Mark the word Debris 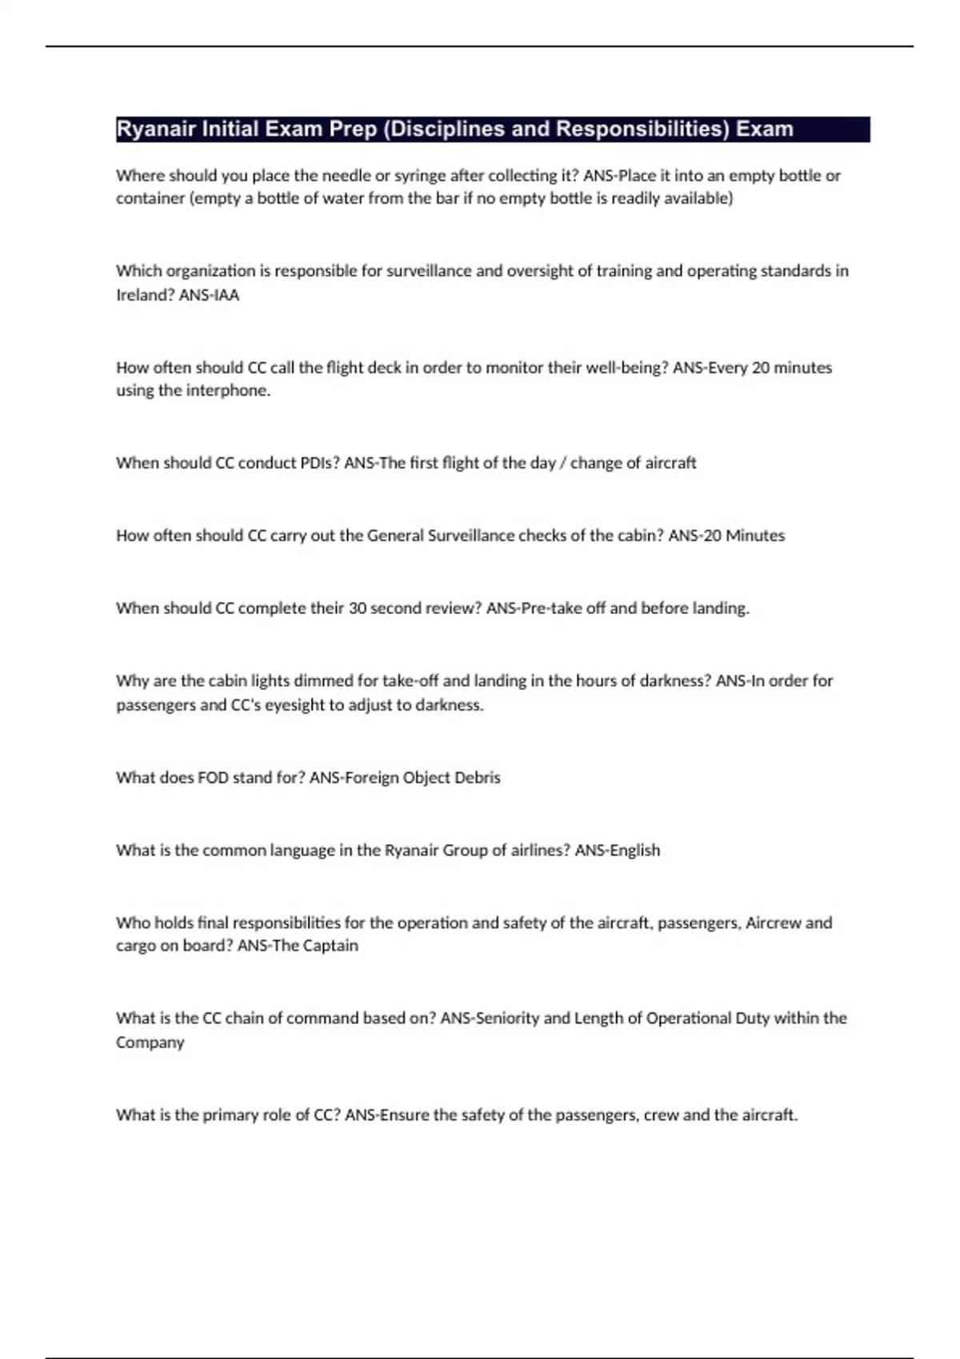point(477,778)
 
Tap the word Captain point(330,946)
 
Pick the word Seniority point(507,1018)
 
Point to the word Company point(150,1042)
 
